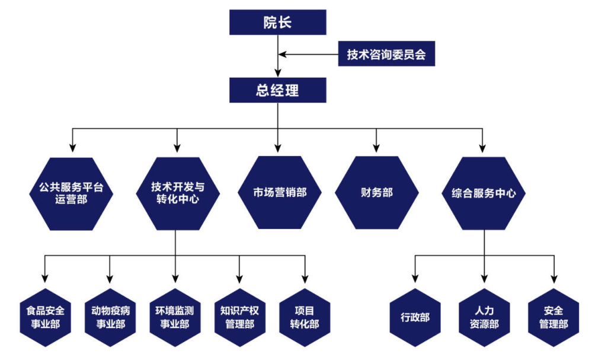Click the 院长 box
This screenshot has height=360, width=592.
click(277, 22)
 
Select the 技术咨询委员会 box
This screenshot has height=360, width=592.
click(386, 55)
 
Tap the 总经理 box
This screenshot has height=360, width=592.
click(277, 91)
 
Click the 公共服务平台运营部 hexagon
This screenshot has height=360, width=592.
click(72, 193)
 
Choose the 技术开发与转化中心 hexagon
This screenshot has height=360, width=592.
click(176, 193)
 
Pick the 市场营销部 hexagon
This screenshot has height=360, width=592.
click(279, 192)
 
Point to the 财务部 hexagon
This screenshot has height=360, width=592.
click(376, 193)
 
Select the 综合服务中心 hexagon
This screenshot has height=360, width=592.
click(484, 193)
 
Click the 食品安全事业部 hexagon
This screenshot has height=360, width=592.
click(45, 317)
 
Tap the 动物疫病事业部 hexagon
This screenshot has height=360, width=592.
click(110, 317)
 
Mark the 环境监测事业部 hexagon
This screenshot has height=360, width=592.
click(175, 317)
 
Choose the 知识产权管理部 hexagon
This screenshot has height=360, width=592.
click(239, 317)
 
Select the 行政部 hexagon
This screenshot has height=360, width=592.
click(415, 317)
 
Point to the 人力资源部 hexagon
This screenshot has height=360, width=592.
click(484, 317)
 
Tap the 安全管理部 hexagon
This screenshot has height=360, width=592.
click(553, 317)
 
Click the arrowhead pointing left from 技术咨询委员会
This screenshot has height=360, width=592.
click(283, 55)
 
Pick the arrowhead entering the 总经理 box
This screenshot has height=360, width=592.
click(277, 75)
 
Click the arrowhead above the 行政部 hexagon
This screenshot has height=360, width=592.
click(415, 278)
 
